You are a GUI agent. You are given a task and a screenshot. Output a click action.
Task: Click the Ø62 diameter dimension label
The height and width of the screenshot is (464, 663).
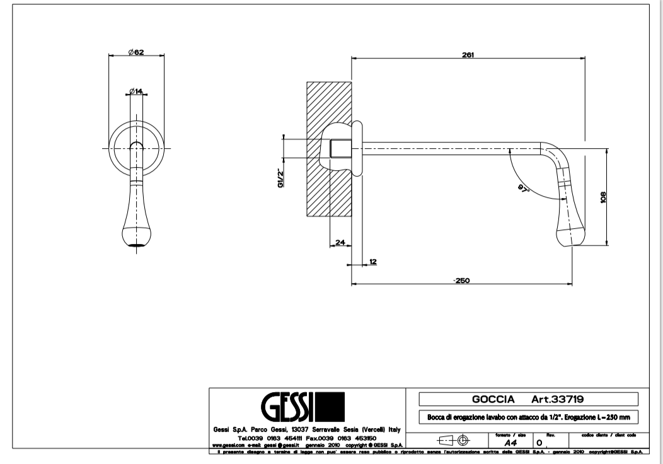[135, 53]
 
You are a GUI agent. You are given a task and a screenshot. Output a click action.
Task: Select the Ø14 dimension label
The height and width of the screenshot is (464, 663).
[135, 91]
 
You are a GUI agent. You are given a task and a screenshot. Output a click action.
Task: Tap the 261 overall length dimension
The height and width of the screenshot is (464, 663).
[468, 54]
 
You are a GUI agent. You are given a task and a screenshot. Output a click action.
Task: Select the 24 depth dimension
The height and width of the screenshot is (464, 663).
[339, 242]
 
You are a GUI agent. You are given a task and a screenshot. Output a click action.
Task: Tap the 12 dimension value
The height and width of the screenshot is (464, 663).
[372, 260]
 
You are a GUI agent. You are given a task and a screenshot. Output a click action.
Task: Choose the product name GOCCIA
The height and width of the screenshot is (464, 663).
[494, 399]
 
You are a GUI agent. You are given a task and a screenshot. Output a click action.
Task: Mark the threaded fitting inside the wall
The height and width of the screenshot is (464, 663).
[340, 149]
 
